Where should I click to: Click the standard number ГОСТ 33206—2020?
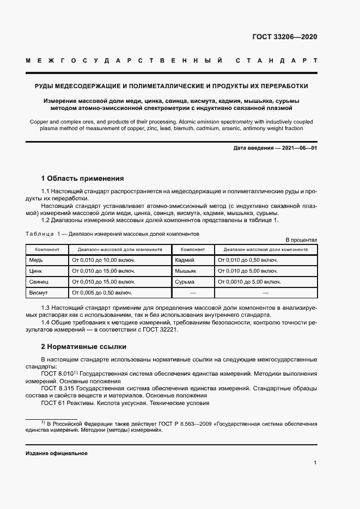(x=285, y=37)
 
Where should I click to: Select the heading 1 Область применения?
(x=83, y=178)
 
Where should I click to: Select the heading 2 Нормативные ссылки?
(x=84, y=346)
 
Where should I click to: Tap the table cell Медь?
(x=36, y=260)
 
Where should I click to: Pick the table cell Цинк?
(x=36, y=271)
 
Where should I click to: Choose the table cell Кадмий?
(x=185, y=260)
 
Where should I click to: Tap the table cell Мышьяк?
(x=186, y=271)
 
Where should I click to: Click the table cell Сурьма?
(x=185, y=281)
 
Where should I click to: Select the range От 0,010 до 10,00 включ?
(x=103, y=260)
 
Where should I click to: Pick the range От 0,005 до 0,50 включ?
(x=102, y=292)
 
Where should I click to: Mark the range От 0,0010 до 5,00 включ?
(x=249, y=281)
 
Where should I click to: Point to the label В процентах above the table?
(x=301, y=240)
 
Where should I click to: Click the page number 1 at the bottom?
(x=315, y=463)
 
